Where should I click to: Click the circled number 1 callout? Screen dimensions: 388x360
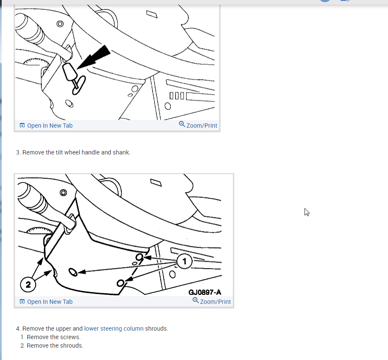184,261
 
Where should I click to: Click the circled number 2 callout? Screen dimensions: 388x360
28,284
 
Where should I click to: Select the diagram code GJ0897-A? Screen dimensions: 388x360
204,292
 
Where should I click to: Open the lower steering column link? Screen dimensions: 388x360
114,329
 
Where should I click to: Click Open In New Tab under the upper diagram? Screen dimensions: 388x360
50,126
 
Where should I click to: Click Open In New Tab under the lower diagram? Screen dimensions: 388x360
50,302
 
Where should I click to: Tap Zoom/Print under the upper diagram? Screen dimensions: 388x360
202,126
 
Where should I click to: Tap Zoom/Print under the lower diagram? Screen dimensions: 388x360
215,302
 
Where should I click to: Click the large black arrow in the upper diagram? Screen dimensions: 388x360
94,57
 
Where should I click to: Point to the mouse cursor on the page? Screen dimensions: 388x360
307,212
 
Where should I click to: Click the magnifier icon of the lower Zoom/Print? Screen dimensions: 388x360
195,300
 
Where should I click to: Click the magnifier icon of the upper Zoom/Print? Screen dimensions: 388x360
182,124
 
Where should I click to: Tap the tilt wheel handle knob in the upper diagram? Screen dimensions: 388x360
69,72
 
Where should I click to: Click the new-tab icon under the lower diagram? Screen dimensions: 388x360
22,301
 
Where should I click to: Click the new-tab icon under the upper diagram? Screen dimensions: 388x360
22,126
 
